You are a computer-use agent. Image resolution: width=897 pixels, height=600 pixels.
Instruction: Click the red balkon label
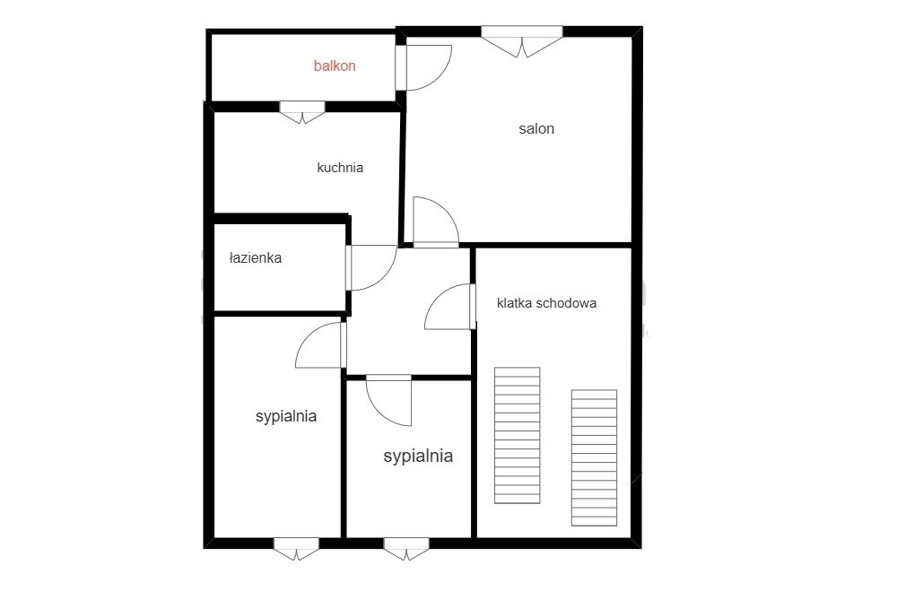[335, 65]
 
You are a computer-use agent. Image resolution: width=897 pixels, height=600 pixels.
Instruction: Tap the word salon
[536, 128]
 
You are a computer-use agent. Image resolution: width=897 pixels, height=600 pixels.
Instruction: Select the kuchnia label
[340, 168]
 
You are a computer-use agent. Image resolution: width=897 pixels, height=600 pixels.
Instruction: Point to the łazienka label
[256, 258]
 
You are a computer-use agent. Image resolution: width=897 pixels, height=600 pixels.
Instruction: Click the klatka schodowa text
[547, 303]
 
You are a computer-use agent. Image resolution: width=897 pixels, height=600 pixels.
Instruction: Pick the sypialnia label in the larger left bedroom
[286, 416]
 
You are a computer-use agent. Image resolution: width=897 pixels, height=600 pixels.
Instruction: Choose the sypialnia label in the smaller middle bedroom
[418, 456]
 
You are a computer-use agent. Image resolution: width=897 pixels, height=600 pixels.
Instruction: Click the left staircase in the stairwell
[518, 435]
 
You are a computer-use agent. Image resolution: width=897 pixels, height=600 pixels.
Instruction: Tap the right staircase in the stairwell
[595, 457]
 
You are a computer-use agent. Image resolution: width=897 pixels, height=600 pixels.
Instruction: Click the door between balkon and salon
[424, 67]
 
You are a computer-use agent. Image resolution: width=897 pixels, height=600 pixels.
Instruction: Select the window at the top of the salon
[522, 41]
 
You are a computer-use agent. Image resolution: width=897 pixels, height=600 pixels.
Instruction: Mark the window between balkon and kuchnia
[302, 112]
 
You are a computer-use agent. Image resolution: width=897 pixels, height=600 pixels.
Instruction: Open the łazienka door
[371, 267]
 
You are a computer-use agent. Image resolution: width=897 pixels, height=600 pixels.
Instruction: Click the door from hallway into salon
[436, 222]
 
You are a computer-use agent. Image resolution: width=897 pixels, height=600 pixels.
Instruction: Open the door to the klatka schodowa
[450, 307]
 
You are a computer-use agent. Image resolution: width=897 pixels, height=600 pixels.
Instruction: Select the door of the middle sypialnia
[388, 400]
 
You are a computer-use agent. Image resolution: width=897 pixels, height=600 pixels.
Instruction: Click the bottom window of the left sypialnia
[296, 549]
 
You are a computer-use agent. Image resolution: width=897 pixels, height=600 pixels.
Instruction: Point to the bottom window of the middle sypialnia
[406, 549]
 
